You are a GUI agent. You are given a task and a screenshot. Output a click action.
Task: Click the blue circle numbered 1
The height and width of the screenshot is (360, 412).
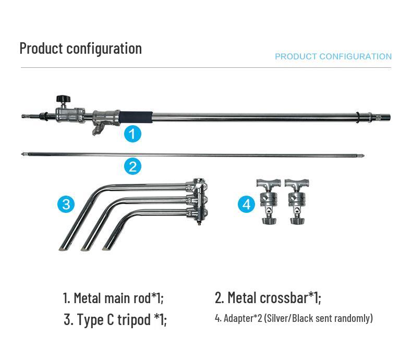[x=132, y=134]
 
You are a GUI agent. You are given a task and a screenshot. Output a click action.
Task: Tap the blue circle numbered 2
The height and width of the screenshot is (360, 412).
[x=132, y=166]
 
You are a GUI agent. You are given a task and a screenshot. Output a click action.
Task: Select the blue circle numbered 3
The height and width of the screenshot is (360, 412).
[x=66, y=204]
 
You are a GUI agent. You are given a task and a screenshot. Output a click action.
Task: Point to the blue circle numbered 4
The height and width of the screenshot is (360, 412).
[x=247, y=204]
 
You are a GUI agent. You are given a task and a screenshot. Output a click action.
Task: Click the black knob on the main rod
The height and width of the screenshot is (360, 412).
[x=63, y=99]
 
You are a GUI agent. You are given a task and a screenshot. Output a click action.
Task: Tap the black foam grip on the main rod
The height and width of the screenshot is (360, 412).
[x=136, y=116]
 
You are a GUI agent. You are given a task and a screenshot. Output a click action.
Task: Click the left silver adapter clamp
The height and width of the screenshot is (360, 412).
[x=269, y=201]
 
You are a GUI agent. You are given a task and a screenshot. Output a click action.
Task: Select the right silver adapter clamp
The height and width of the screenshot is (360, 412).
[x=297, y=201]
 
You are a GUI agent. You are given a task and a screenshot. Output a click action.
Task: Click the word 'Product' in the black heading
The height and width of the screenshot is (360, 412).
[x=42, y=49]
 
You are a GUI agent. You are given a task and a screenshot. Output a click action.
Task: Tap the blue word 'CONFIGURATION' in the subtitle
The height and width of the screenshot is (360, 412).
[x=356, y=56]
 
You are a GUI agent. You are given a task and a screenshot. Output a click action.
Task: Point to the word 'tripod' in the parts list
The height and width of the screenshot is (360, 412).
[x=134, y=319]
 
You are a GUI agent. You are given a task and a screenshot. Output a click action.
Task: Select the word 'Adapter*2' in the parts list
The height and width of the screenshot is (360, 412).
[x=243, y=318]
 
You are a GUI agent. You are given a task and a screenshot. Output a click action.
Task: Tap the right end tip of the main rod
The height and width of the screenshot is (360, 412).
[x=390, y=117]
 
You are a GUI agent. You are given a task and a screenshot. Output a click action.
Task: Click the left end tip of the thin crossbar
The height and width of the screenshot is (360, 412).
[x=22, y=154]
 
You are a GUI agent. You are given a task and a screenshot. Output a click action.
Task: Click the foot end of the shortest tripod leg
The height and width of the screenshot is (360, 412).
[x=107, y=248]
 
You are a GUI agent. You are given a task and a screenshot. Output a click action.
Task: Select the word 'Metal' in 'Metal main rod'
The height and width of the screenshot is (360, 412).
[x=87, y=298]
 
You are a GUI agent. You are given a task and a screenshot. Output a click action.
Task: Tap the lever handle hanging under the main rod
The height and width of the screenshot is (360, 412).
[x=96, y=129]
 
